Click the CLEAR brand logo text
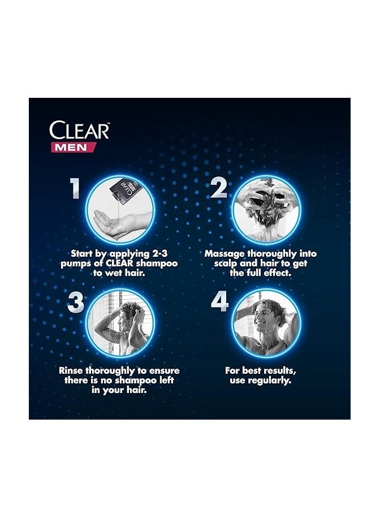coord(79,131)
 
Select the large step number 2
coord(219,189)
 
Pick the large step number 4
coord(219,302)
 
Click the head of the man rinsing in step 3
coord(131,310)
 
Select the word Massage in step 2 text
coord(225,254)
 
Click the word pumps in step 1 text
coord(78,264)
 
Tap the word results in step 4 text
coord(277,370)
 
